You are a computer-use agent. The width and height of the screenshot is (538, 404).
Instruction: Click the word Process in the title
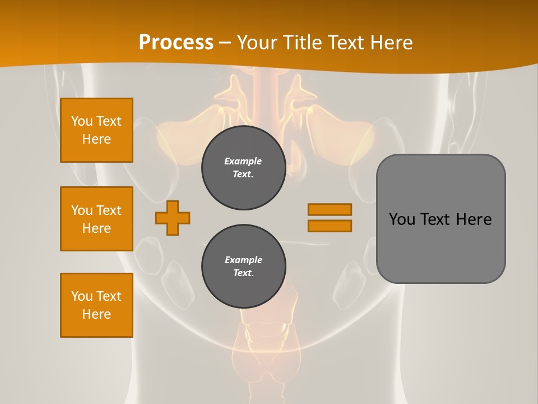(x=176, y=43)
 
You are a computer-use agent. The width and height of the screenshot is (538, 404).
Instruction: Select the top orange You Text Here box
(x=96, y=130)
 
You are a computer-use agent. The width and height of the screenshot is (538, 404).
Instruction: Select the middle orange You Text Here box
(x=96, y=219)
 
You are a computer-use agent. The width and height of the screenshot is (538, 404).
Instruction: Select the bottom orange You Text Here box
(x=96, y=305)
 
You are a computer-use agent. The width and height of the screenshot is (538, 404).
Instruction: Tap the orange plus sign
(x=173, y=218)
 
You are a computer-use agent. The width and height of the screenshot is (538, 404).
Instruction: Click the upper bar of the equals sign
(x=330, y=209)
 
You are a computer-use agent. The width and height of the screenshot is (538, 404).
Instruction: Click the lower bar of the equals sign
(x=330, y=226)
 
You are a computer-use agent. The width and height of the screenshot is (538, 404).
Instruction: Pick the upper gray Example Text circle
(x=243, y=168)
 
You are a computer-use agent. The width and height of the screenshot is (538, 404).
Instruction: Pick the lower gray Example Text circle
(x=243, y=267)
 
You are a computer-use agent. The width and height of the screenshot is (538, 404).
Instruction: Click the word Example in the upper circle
(x=243, y=161)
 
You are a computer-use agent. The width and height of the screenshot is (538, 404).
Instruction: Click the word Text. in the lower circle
(x=243, y=273)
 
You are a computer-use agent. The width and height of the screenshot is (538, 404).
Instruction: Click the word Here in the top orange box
(x=96, y=139)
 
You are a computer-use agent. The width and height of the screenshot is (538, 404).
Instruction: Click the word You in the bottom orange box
(x=82, y=296)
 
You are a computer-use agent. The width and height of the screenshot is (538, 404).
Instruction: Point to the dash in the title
(x=225, y=43)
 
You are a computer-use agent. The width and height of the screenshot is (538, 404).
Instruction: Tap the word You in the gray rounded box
(x=402, y=219)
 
